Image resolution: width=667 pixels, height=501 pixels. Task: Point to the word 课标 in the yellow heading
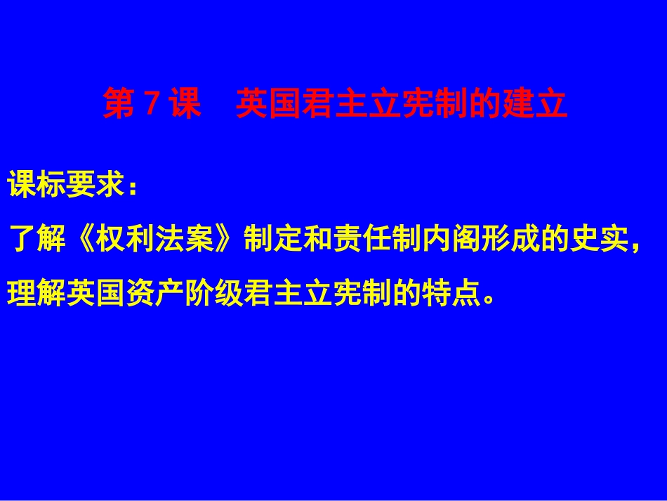pos(37,186)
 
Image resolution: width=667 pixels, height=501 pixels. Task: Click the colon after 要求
pos(131,188)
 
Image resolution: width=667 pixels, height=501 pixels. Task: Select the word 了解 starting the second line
pos(37,240)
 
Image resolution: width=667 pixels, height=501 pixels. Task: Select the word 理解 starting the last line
pos(37,290)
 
